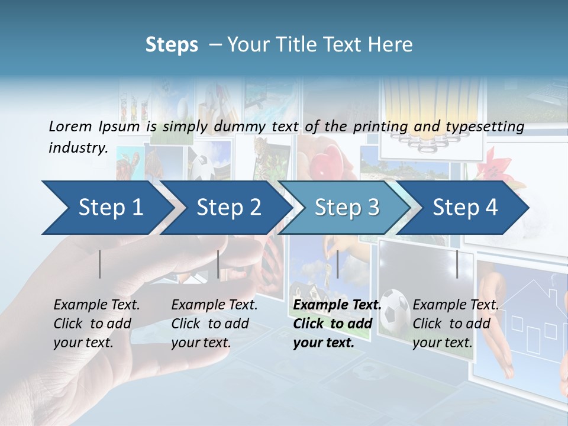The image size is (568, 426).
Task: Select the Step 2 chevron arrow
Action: (228, 208)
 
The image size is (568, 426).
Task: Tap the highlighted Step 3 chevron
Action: (347, 208)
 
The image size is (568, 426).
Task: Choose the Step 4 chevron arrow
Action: (465, 208)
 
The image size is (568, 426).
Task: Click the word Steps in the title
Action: (172, 45)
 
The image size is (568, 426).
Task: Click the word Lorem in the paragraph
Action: (70, 126)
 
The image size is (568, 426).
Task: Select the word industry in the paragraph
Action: (77, 147)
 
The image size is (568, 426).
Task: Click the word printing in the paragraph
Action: (378, 126)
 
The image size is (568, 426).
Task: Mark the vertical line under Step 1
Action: (100, 264)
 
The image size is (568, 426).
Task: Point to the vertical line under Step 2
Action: (218, 264)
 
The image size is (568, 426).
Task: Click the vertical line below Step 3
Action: (338, 264)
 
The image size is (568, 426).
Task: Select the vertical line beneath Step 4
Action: (457, 264)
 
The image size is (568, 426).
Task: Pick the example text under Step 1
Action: (96, 324)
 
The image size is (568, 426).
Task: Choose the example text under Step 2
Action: (214, 324)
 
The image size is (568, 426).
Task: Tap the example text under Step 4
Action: (456, 324)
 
